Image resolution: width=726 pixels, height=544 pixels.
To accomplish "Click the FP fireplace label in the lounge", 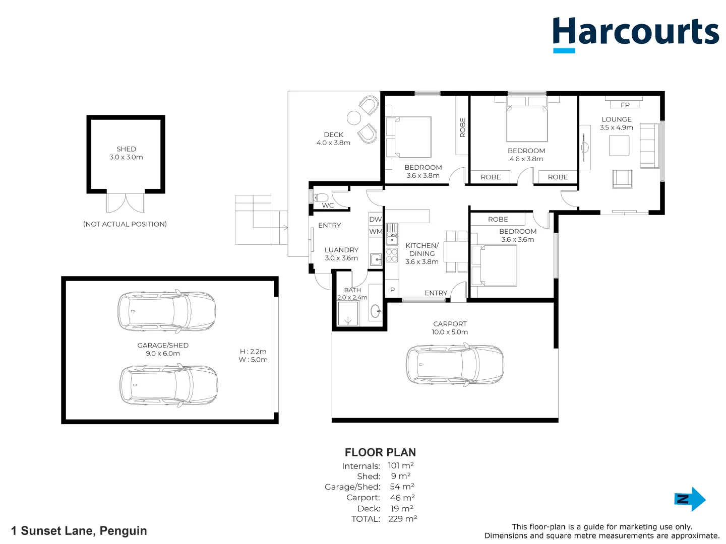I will [625, 105].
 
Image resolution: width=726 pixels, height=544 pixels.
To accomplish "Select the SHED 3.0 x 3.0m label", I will [126, 153].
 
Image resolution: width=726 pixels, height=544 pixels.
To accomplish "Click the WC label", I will [328, 206].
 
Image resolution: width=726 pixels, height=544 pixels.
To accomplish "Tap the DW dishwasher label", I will [376, 219].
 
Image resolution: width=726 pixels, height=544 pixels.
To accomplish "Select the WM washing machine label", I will [376, 232].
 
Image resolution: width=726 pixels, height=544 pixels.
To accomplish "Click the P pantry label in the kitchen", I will [392, 290].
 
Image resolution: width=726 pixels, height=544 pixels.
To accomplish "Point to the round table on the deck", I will [354, 118].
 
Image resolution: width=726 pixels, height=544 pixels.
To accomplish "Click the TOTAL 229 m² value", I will [402, 519].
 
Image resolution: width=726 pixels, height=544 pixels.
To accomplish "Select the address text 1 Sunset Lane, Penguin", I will [79, 531].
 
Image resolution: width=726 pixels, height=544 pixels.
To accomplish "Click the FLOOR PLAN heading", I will [380, 452].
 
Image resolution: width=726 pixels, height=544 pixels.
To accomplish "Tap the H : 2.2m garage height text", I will [253, 352].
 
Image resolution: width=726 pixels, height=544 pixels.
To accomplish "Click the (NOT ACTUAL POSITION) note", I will [125, 224].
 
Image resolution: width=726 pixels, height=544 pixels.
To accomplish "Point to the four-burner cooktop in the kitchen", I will [392, 255].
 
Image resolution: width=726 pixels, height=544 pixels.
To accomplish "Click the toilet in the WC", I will [321, 197].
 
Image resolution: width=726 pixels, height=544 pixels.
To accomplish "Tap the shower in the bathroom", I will [348, 314].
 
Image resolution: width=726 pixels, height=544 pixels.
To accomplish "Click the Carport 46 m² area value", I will [402, 498].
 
